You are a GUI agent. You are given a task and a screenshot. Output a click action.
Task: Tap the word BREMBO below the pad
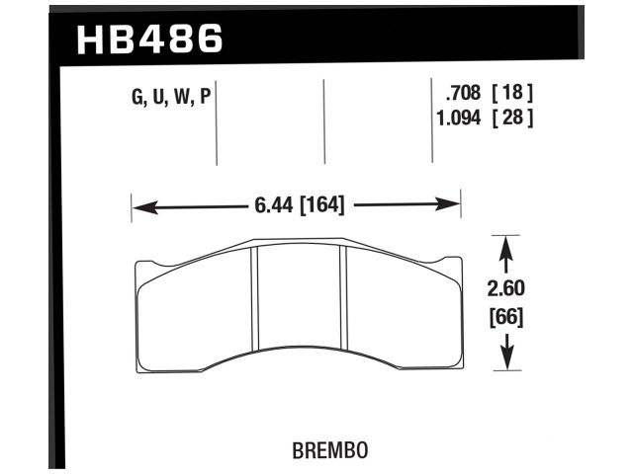point(331,449)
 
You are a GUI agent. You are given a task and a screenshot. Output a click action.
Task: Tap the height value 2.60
point(505,290)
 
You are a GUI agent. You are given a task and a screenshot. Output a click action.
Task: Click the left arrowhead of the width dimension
point(138,206)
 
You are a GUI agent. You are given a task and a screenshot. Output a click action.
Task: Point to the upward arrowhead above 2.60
point(505,243)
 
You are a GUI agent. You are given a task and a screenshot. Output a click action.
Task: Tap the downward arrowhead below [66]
point(505,361)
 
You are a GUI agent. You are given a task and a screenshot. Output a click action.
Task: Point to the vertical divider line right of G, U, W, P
point(217,123)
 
